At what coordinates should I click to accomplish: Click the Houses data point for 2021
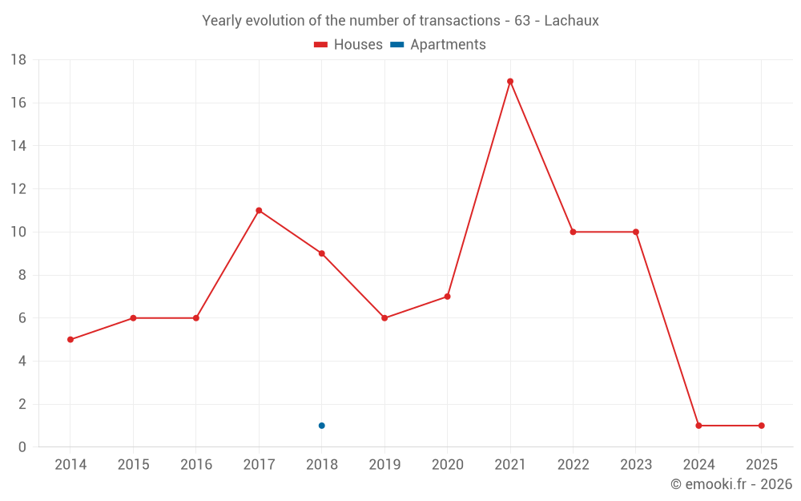510,81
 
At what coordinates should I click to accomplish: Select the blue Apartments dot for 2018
321,426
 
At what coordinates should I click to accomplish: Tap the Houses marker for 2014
70,340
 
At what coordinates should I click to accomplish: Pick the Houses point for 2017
259,210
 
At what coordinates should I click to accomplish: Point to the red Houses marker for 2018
321,253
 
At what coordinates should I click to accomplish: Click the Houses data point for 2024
698,426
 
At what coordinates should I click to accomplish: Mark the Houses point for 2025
761,426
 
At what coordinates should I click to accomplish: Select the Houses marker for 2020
447,297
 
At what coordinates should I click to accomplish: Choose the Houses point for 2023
636,232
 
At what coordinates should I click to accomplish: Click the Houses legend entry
348,45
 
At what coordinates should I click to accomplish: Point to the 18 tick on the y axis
18,60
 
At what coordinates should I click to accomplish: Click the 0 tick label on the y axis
22,447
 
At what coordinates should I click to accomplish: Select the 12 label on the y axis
18,189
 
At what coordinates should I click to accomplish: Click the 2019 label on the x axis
384,465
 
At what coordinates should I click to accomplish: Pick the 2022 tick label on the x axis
573,465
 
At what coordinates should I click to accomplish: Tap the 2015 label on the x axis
133,465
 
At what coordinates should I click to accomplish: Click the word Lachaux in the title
571,21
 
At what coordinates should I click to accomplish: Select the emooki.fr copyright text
731,484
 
